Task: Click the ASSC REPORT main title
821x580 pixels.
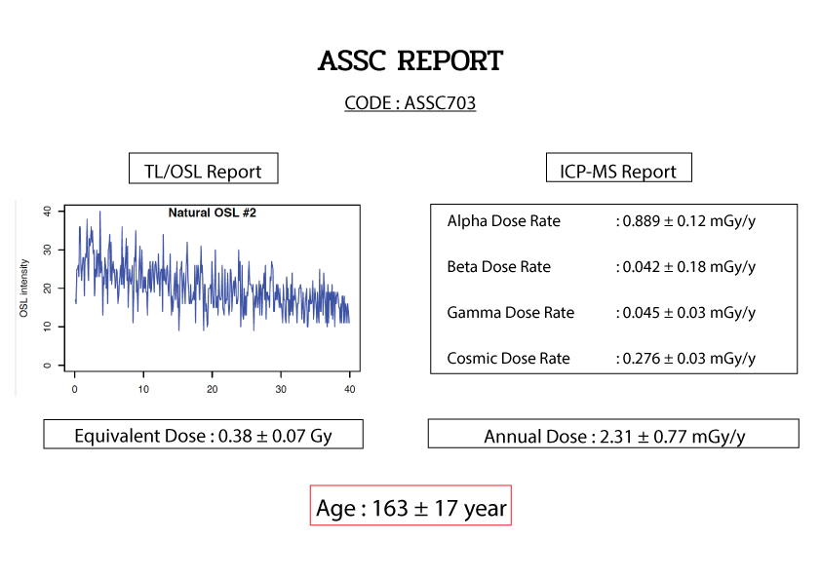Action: point(410,60)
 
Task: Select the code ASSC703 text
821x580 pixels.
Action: point(440,103)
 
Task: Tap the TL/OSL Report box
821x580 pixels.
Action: point(203,169)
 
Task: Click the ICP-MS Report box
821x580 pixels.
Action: point(619,168)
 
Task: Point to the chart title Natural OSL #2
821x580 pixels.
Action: point(212,213)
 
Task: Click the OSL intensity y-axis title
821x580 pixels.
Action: point(23,288)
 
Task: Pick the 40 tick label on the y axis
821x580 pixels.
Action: point(47,212)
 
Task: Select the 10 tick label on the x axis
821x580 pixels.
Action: point(143,390)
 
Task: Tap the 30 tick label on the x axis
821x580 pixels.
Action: point(281,390)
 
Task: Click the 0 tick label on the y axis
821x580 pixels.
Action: point(47,366)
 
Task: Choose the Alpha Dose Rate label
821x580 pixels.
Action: point(504,221)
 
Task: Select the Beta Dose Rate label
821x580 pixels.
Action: point(499,267)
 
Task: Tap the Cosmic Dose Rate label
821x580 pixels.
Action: point(508,359)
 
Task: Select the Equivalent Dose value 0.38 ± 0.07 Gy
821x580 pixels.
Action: point(275,436)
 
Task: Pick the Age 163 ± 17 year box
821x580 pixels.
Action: point(410,506)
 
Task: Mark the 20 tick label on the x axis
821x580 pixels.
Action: point(212,390)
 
